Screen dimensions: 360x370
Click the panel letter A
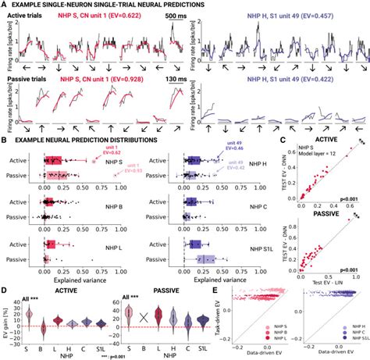[x=5, y=5]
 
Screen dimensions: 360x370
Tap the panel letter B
[x=4, y=142]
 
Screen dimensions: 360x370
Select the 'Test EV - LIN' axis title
[x=329, y=280]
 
